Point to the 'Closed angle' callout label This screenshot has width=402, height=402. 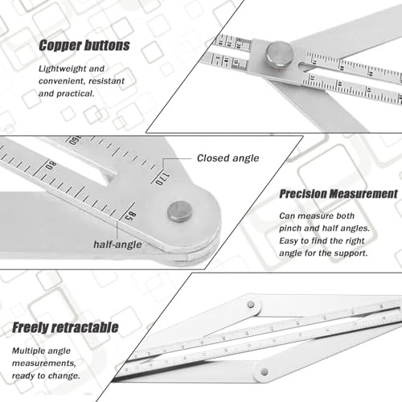tap(228, 158)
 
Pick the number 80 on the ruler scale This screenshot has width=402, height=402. tap(51, 166)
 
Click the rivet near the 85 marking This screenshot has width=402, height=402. tap(180, 211)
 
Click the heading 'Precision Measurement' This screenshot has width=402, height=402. tap(338, 194)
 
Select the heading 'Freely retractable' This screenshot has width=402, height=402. tap(65, 327)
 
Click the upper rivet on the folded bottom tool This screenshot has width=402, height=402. tap(251, 305)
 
